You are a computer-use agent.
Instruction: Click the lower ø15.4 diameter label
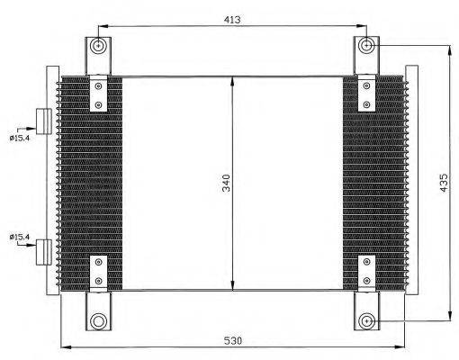click(x=21, y=237)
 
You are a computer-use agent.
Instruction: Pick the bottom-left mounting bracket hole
click(x=97, y=321)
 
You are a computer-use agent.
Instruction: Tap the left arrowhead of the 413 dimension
click(x=101, y=27)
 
